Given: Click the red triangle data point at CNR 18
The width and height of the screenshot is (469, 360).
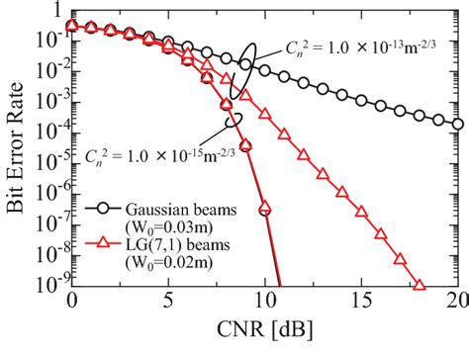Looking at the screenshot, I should coord(420,286).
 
